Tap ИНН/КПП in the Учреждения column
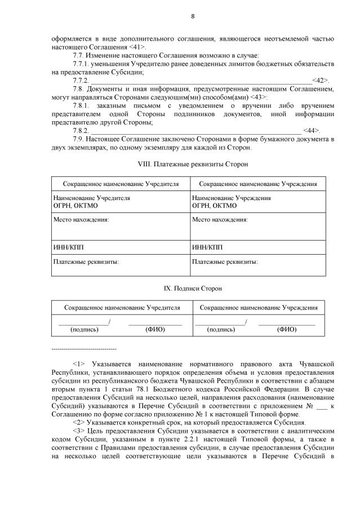click(207, 247)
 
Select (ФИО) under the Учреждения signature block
click(286, 329)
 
